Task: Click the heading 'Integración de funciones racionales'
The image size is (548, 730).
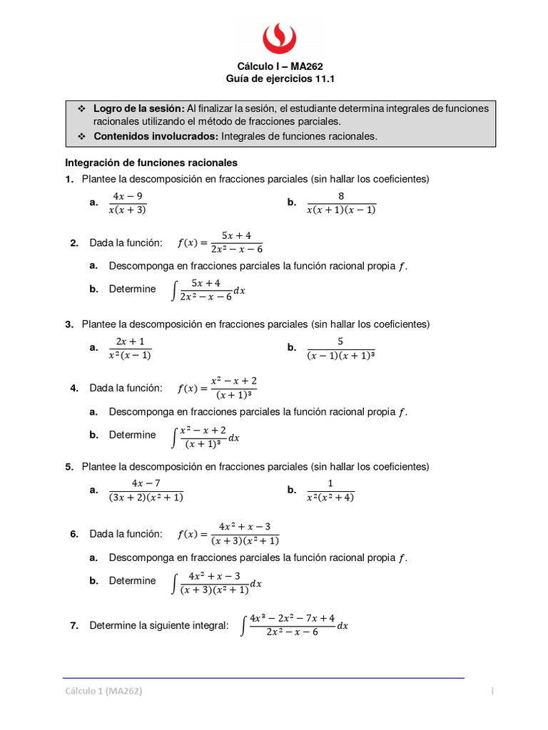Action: [151, 163]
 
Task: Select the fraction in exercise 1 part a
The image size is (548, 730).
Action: [128, 202]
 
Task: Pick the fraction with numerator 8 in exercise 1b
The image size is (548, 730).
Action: [341, 202]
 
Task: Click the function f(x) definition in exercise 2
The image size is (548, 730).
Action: [220, 242]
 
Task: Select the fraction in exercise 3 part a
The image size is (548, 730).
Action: [130, 348]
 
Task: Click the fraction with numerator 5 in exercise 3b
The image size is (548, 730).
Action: [341, 348]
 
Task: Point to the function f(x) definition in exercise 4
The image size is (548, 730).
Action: [218, 388]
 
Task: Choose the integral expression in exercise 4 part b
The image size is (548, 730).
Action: [206, 435]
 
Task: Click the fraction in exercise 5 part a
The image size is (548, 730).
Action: [146, 490]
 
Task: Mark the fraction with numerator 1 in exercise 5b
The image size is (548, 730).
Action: [330, 490]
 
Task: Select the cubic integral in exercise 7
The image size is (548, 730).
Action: [295, 625]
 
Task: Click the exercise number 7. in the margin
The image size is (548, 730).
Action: [73, 625]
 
